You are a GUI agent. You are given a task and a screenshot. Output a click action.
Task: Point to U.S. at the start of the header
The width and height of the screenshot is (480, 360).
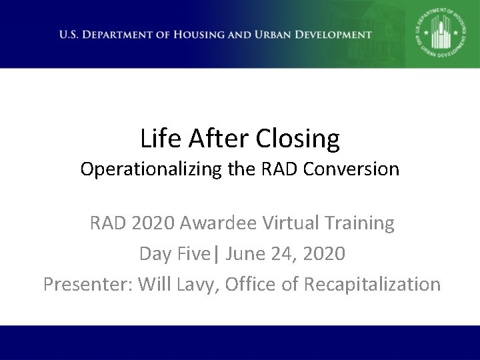[70, 35]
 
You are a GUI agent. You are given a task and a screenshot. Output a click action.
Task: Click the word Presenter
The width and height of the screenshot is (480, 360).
[87, 284]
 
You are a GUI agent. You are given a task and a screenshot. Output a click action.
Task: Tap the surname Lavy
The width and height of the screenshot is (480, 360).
[194, 284]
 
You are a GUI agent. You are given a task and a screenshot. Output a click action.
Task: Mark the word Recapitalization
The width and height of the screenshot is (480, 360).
[372, 284]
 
